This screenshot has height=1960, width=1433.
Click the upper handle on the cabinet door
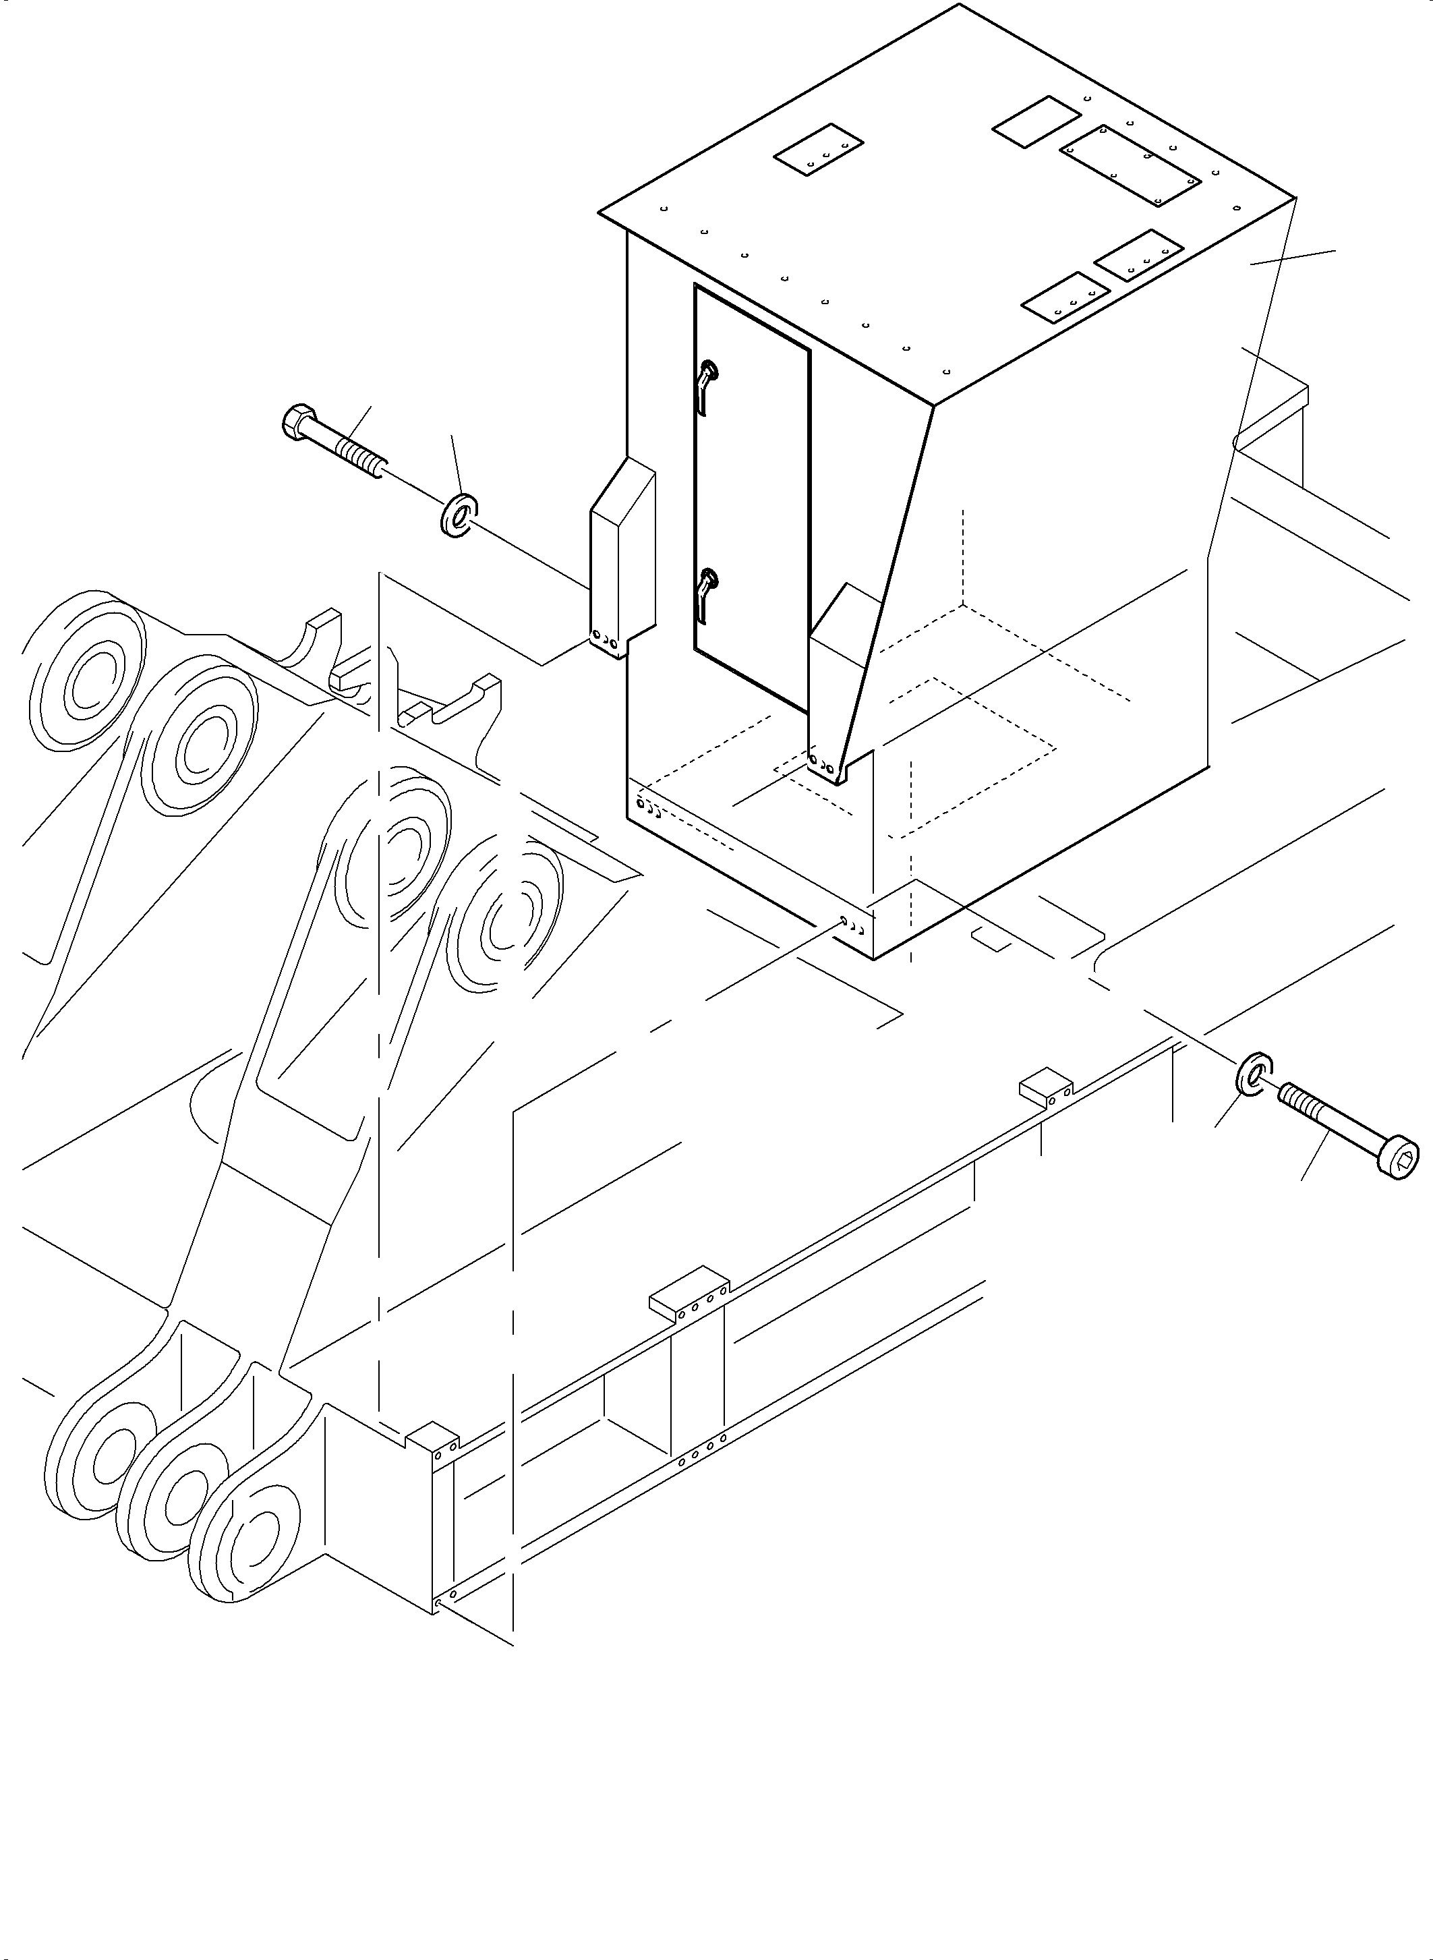pyautogui.click(x=707, y=382)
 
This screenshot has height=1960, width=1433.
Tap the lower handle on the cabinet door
pyautogui.click(x=707, y=590)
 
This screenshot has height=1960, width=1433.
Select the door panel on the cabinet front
pyautogui.click(x=751, y=494)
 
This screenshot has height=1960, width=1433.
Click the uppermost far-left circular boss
pyautogui.click(x=85, y=669)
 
